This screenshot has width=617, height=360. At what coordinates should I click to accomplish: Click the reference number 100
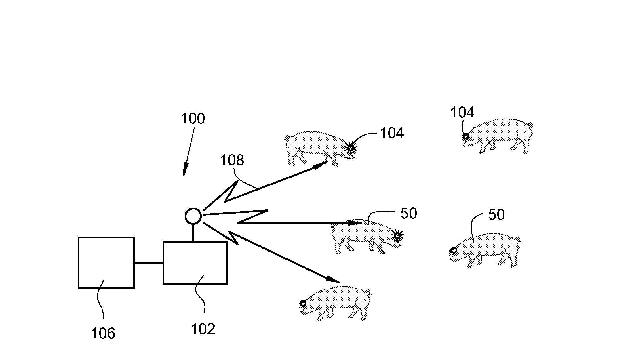pos(193,119)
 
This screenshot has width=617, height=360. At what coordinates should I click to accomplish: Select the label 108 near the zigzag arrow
pos(232,160)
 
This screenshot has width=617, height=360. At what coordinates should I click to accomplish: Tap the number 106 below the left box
pos(103,334)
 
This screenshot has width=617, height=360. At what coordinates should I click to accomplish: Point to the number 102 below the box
pos(203,329)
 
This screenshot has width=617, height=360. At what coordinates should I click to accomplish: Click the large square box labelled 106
pos(106,262)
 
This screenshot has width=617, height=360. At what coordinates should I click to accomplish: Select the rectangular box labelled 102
pos(195,263)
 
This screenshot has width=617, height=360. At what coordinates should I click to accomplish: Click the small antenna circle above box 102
pos(193,216)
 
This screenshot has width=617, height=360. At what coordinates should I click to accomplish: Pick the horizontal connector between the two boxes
pos(148,263)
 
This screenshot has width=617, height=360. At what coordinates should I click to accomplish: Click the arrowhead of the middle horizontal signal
pos(355,223)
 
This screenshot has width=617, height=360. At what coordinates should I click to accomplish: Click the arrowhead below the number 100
pos(185,170)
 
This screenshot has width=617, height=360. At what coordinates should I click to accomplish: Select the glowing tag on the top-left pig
pos(350,148)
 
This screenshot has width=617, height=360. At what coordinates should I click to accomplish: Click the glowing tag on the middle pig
pos(397,236)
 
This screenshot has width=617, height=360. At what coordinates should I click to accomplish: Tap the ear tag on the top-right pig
pos(466,136)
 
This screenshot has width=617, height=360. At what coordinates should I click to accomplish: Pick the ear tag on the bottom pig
pos(303,303)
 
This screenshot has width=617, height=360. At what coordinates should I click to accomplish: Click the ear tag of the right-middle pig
pos(454,250)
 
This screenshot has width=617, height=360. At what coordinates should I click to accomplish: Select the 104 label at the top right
pos(462,113)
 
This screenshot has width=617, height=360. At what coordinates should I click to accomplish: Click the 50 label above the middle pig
pos(408,214)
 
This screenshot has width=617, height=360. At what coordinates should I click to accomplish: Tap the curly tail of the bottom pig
pos(368,293)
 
